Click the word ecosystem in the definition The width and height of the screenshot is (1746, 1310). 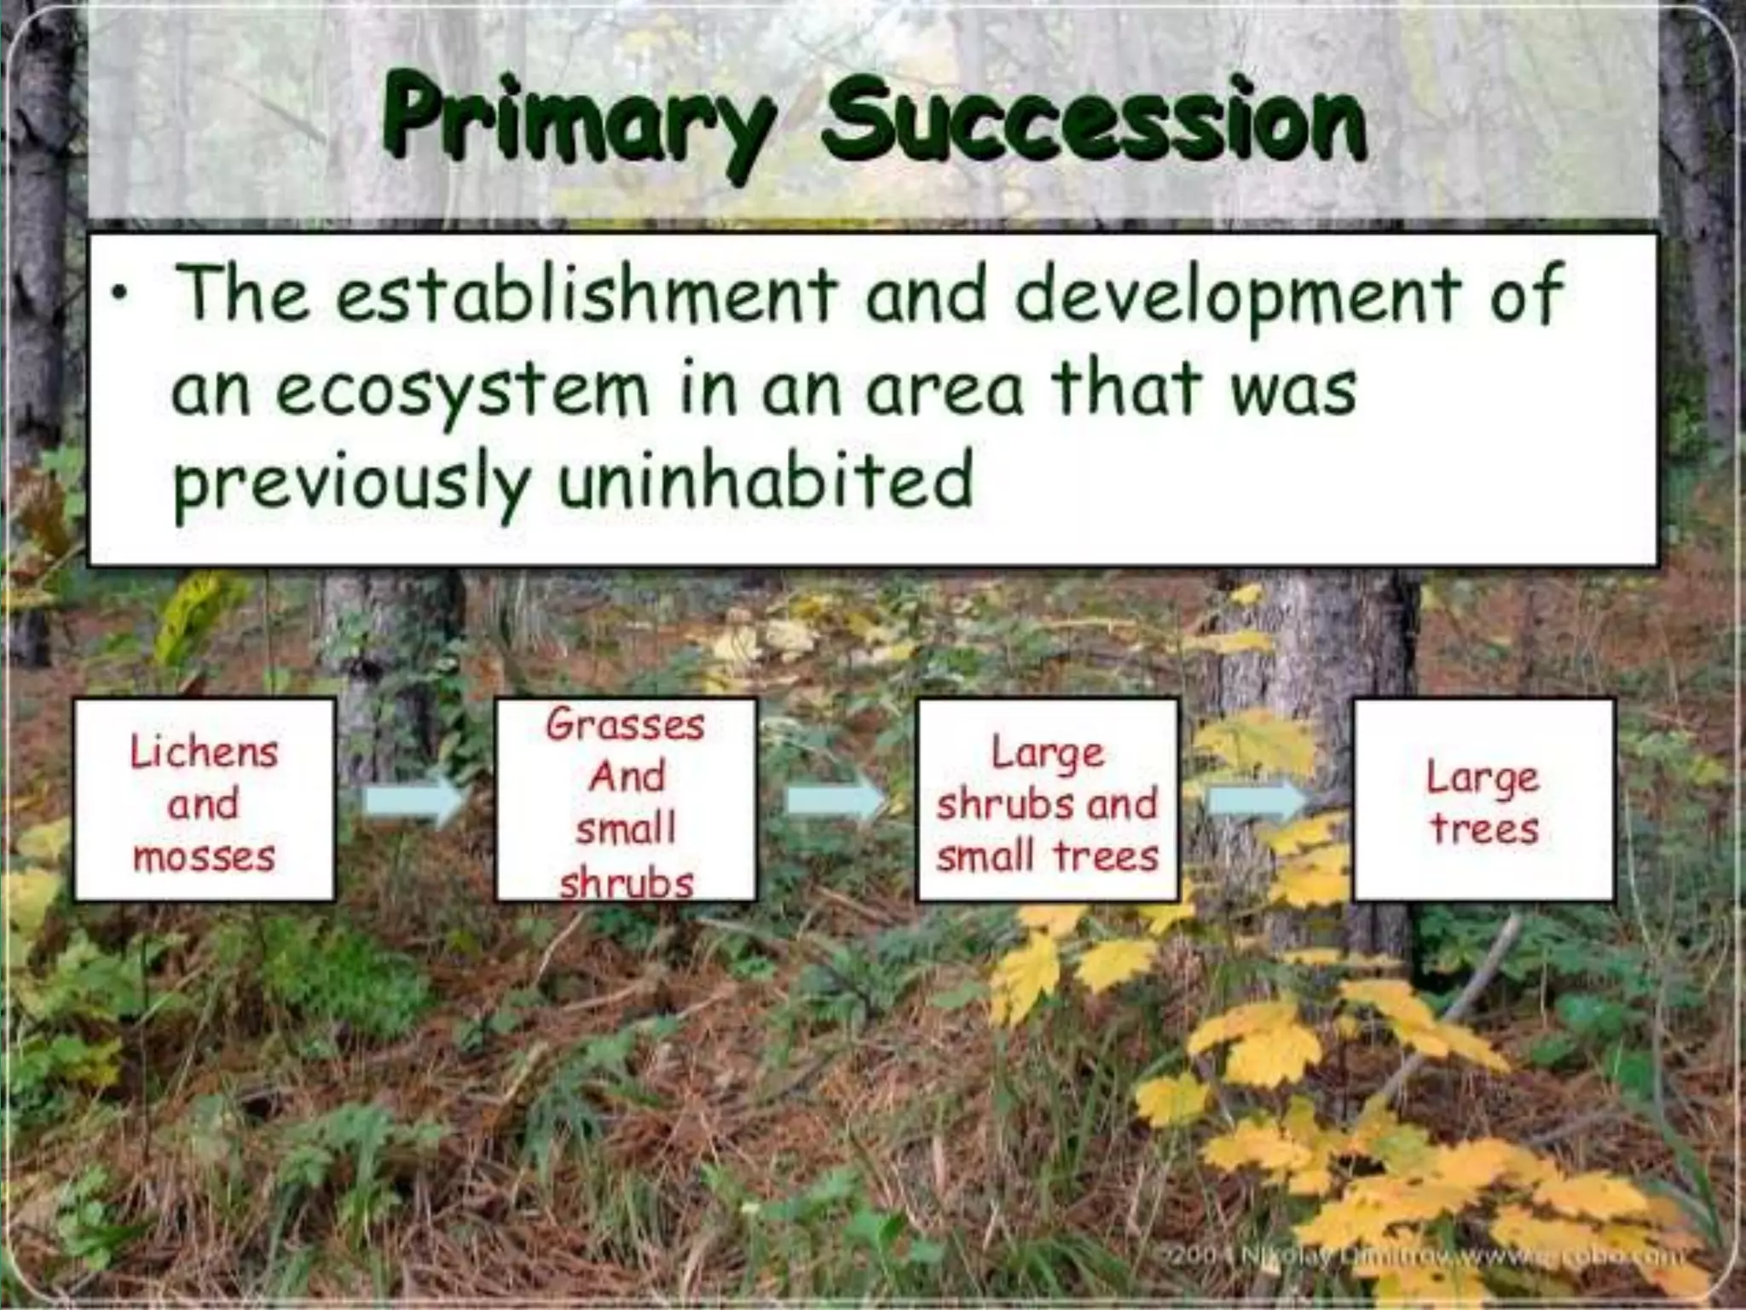(x=461, y=391)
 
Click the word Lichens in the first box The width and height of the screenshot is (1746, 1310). (x=204, y=752)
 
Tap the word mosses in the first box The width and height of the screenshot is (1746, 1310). (x=204, y=856)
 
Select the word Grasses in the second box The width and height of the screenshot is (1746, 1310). (x=626, y=726)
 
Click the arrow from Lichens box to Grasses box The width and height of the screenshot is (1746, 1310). (x=413, y=802)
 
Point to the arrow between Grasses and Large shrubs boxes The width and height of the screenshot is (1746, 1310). (x=835, y=802)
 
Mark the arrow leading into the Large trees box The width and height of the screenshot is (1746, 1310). (x=1258, y=802)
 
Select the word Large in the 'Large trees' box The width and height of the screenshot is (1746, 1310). (x=1483, y=778)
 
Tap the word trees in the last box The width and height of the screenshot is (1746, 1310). (x=1484, y=829)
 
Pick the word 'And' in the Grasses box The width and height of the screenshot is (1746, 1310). (x=626, y=777)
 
